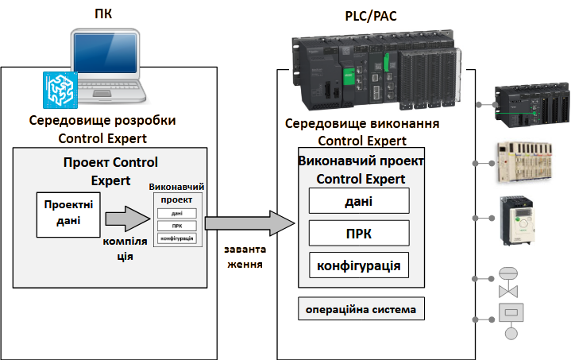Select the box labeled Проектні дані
(x=68, y=213)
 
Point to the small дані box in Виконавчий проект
(x=176, y=213)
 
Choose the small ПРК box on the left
(x=176, y=226)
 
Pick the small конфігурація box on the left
(x=176, y=238)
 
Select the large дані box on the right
(x=358, y=201)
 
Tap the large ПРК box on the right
(x=358, y=233)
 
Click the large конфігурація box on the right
(x=358, y=265)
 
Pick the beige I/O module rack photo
(x=528, y=162)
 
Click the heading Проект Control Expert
(x=111, y=171)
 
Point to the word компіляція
(x=125, y=248)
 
